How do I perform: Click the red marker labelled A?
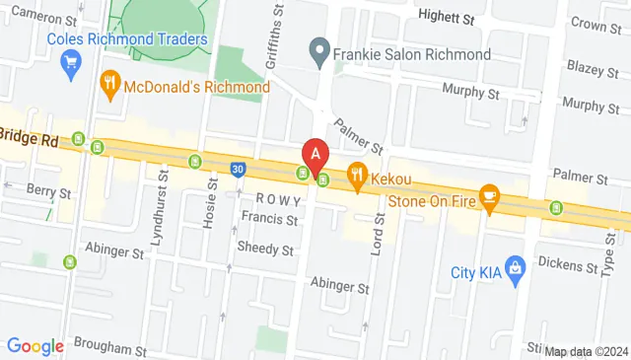(315, 155)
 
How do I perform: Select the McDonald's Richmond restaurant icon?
(110, 87)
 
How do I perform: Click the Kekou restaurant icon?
(356, 178)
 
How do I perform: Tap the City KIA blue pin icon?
(514, 266)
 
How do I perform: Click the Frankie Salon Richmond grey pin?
(318, 52)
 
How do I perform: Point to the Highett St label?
(446, 18)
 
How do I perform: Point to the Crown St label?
(595, 25)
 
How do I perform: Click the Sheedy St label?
(265, 250)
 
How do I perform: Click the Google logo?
(35, 346)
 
